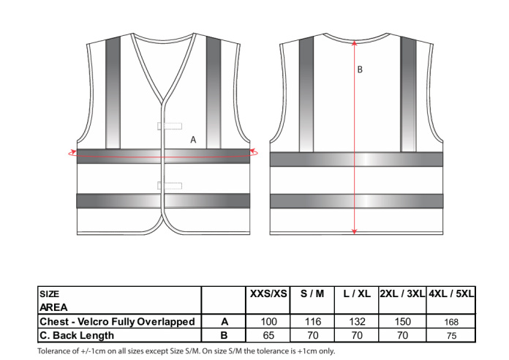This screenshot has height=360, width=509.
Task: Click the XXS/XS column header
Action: (x=268, y=293)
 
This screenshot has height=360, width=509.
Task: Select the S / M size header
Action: (x=312, y=293)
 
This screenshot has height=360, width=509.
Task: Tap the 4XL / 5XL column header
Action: (x=451, y=293)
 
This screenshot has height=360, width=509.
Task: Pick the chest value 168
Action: (x=451, y=322)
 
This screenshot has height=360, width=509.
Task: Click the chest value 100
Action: (x=269, y=322)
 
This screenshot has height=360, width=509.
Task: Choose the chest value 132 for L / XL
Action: (x=357, y=322)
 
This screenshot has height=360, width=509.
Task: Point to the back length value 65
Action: (x=268, y=335)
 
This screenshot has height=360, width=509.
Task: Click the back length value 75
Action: (x=451, y=336)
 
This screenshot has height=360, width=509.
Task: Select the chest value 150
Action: (x=402, y=322)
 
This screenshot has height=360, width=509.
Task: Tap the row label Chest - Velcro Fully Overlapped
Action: (x=117, y=322)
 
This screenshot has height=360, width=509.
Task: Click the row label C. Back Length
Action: (x=77, y=335)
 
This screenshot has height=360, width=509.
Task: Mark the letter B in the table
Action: (x=224, y=335)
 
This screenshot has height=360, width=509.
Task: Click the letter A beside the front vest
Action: (x=193, y=140)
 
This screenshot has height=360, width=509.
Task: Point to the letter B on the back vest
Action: (x=360, y=70)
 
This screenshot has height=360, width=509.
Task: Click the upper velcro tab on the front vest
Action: (x=170, y=126)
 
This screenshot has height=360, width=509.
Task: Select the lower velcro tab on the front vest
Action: (x=170, y=186)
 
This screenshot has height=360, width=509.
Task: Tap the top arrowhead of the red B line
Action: (x=355, y=43)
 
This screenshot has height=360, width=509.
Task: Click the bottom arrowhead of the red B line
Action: (x=355, y=232)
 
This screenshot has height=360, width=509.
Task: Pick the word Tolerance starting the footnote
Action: (x=53, y=351)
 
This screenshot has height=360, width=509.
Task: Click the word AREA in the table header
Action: (x=53, y=307)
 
